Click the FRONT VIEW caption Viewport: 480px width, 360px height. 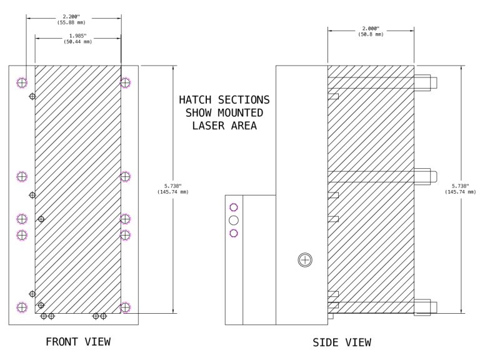78,342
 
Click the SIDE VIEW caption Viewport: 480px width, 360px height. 342,342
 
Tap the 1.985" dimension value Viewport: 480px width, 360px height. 77,36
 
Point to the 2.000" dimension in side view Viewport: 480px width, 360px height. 371,28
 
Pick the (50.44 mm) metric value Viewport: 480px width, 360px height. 77,42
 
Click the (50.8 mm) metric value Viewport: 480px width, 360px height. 371,34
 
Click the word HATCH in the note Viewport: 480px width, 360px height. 197,100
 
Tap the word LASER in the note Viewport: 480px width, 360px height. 207,126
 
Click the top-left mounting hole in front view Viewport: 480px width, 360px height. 22,82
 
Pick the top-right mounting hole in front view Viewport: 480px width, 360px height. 125,82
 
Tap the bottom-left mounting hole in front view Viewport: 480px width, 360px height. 22,307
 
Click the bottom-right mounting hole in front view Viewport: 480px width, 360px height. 125,307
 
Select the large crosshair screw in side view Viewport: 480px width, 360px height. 304,259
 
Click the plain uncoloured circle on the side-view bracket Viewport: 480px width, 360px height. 234,220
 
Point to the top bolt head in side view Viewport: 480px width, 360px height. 424,82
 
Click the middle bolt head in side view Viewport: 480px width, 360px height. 424,176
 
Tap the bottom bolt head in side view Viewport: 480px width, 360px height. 424,307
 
